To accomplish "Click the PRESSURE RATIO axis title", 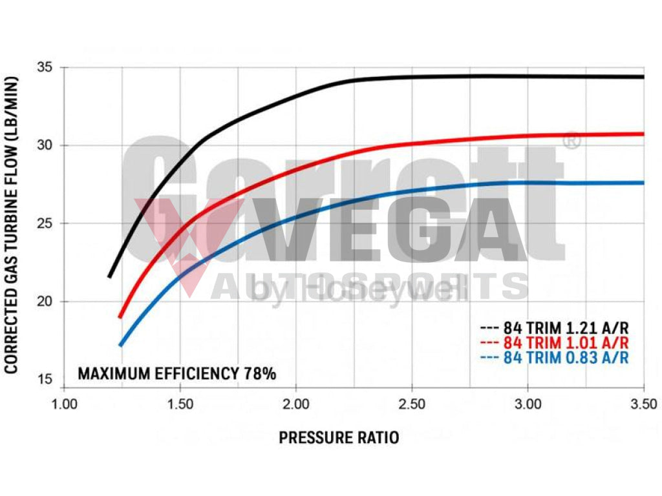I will (x=339, y=438).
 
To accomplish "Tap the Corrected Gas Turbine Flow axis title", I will (x=12, y=223).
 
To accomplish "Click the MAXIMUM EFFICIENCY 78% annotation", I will (x=176, y=373).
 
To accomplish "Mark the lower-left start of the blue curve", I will (x=120, y=346).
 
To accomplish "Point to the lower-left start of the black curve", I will (x=109, y=276).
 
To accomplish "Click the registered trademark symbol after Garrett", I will (x=572, y=140).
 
